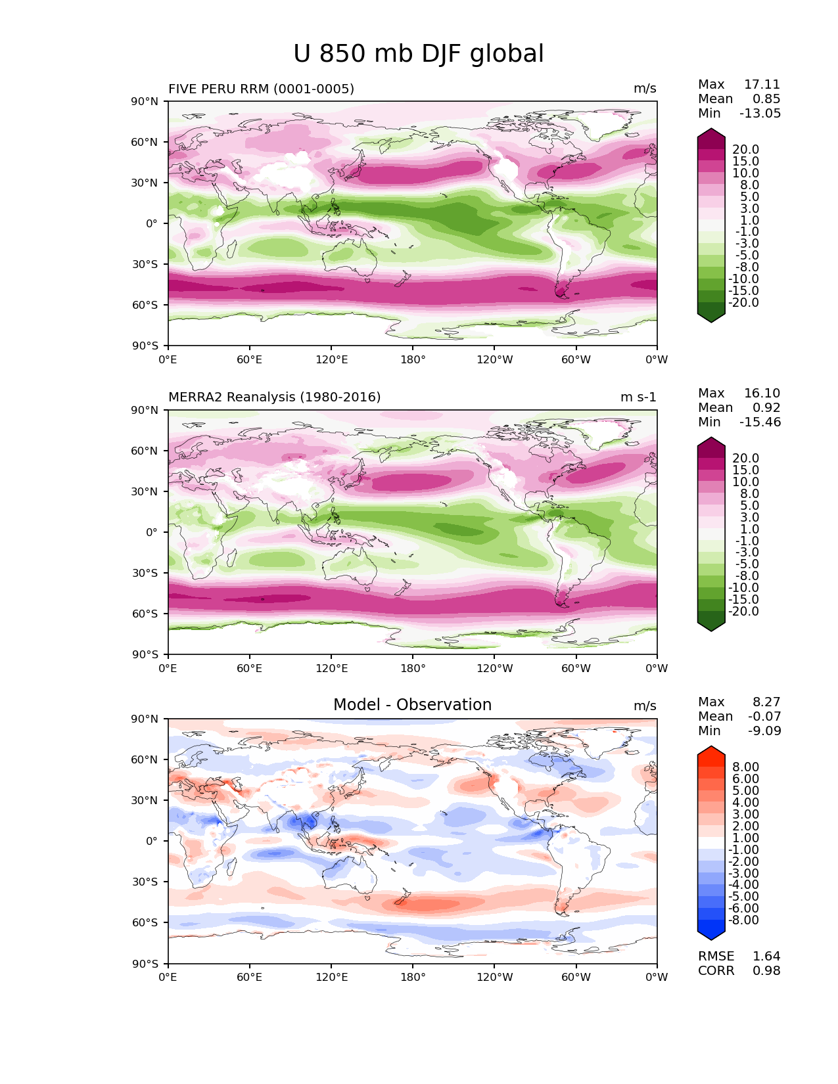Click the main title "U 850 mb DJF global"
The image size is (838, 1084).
[418, 54]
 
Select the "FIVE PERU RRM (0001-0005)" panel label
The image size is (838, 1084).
[261, 89]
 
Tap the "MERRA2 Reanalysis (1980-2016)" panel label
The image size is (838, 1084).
[275, 397]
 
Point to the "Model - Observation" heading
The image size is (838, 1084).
[412, 704]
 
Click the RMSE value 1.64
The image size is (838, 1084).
[766, 956]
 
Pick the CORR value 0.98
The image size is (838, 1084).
[766, 970]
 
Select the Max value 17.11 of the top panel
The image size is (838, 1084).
[762, 84]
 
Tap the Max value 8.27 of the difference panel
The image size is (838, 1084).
[766, 702]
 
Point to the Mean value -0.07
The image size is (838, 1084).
[764, 716]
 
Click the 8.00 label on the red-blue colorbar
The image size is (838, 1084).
[746, 767]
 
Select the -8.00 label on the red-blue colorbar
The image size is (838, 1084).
[743, 920]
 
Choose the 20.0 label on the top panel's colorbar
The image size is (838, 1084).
[746, 149]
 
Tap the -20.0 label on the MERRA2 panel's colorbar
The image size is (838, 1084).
[743, 611]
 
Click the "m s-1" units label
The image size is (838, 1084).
[638, 397]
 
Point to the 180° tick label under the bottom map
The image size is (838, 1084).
[413, 977]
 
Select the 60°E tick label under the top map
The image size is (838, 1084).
[250, 359]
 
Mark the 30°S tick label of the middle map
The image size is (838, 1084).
[145, 573]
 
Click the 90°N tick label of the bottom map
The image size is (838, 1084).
[145, 719]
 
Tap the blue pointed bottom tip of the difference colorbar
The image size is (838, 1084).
[710, 939]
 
